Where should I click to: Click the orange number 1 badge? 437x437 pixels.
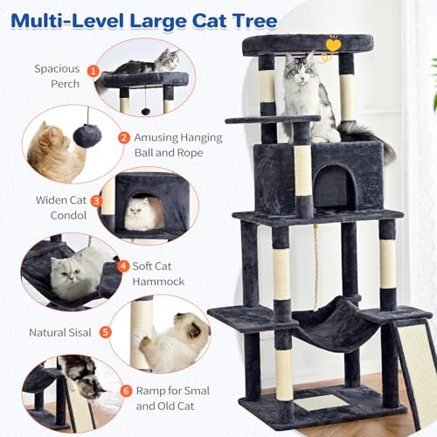94,70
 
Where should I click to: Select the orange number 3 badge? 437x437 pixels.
96,200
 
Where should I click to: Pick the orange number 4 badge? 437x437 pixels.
123,266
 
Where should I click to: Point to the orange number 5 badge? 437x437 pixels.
106,332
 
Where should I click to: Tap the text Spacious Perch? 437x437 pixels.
57,76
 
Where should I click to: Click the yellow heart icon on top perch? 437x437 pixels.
334,41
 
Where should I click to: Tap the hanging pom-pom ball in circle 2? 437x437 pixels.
87,135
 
